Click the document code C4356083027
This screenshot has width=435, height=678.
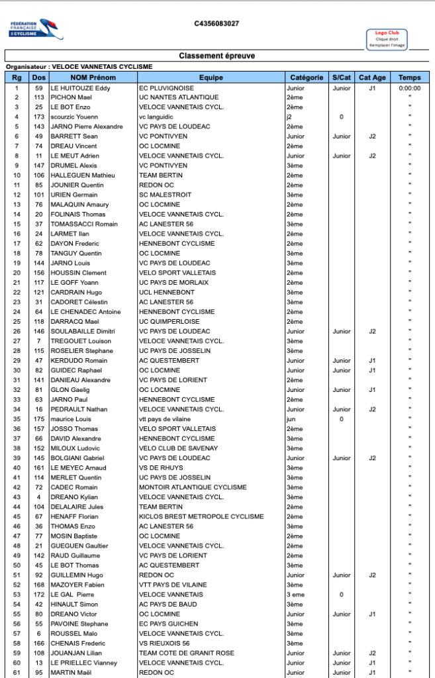click(x=217, y=24)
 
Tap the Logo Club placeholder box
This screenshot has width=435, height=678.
click(x=387, y=38)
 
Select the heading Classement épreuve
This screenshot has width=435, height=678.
click(x=217, y=56)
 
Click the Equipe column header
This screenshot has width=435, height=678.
click(x=211, y=77)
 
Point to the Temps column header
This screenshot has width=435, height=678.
click(x=410, y=77)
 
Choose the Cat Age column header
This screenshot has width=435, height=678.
click(x=372, y=77)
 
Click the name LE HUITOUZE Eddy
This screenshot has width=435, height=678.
click(x=80, y=87)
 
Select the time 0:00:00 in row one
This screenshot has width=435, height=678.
click(x=410, y=87)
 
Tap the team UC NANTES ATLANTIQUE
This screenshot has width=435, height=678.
click(x=178, y=97)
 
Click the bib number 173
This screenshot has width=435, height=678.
click(x=39, y=117)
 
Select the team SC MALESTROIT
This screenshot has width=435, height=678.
click(x=165, y=195)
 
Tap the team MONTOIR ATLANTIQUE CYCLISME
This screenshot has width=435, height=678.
click(x=193, y=487)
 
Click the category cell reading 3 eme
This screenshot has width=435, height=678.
click(x=296, y=595)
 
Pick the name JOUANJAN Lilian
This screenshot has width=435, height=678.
click(x=77, y=653)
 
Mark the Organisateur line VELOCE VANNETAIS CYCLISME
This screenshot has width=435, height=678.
click(x=79, y=67)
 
